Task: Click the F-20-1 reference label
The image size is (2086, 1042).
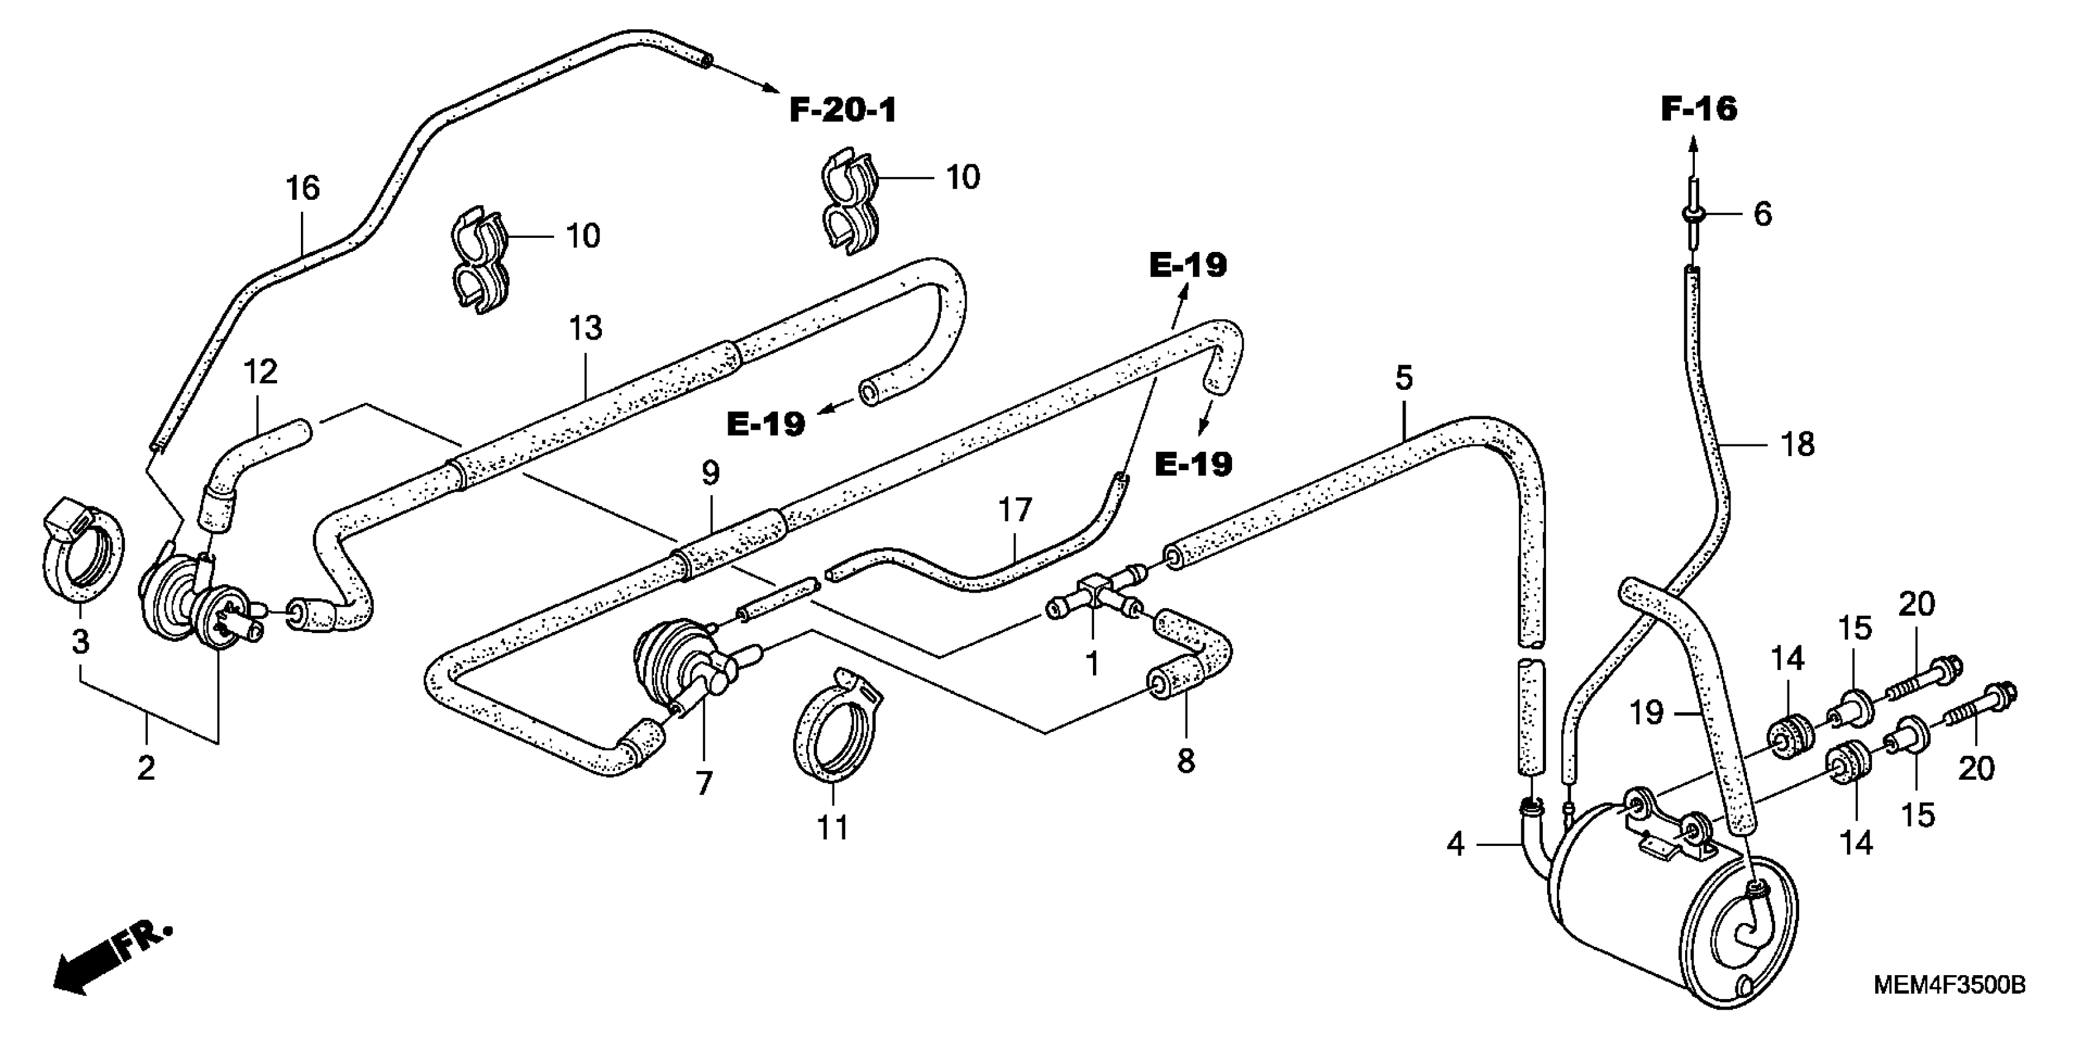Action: (x=843, y=111)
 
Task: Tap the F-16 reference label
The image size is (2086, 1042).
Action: (x=1699, y=108)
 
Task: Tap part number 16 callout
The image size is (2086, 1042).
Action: (x=303, y=189)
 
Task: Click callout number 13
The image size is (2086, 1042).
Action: (x=585, y=329)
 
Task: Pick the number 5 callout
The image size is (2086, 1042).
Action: (x=1403, y=378)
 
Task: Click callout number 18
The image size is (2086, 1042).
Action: (x=1799, y=444)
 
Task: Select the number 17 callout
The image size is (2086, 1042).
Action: (x=1014, y=510)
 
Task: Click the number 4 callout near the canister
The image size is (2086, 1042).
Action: (x=1455, y=845)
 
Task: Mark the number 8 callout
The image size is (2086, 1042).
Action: (x=1186, y=761)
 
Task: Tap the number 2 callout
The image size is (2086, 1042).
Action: (x=146, y=767)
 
